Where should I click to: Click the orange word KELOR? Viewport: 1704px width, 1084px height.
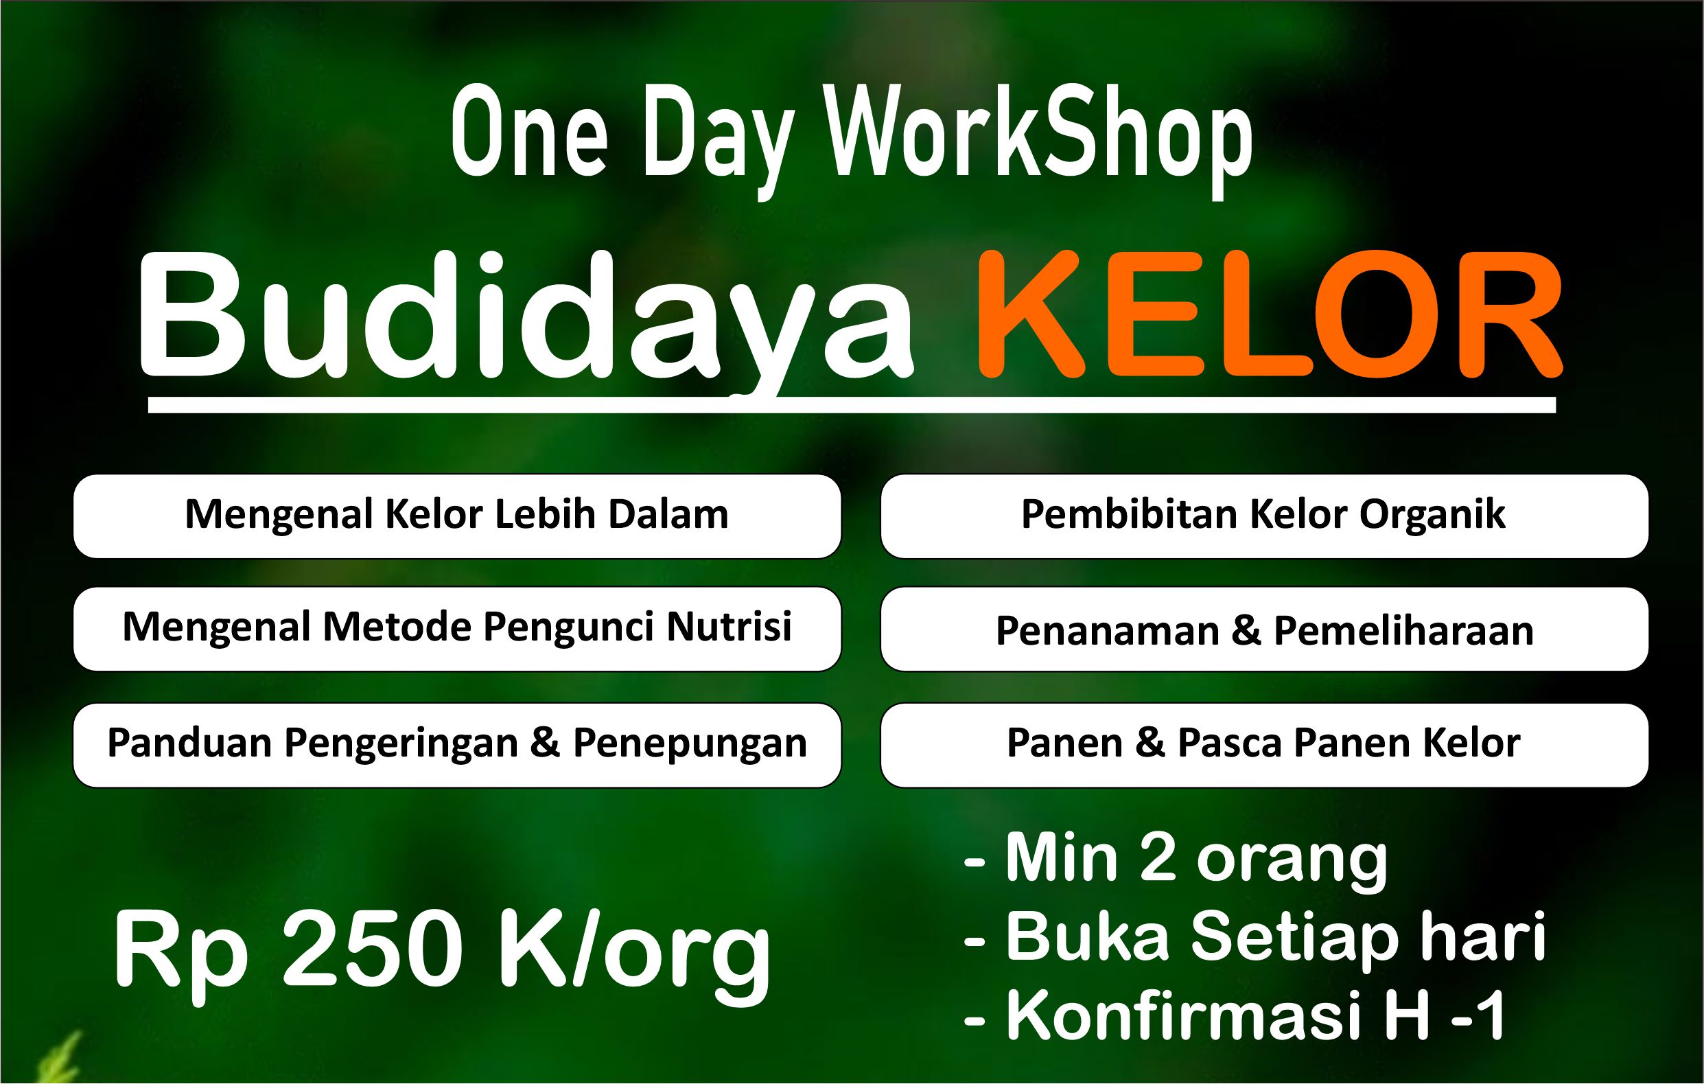[1270, 313]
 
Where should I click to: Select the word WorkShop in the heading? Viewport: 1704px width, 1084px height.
[1040, 138]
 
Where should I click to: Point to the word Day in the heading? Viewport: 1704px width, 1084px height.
[718, 140]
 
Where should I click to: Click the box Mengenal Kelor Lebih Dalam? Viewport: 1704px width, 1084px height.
[457, 516]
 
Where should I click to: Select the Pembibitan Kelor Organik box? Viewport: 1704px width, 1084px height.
[1265, 516]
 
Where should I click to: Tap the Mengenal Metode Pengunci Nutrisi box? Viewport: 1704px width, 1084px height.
[457, 629]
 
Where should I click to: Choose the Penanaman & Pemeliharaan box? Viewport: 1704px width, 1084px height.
[1265, 629]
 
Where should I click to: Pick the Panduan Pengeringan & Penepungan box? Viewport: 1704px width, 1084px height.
[457, 745]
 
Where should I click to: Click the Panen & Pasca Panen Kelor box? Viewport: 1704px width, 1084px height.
[1265, 745]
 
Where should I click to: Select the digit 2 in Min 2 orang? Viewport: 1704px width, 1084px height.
[1158, 858]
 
